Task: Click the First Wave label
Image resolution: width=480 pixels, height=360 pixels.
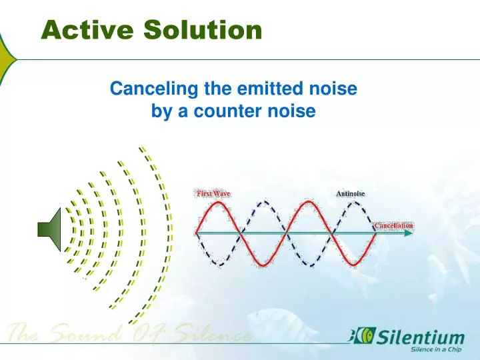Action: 213,193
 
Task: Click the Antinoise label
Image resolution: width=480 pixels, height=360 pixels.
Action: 351,193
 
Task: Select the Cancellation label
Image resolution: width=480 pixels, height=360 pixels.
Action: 393,225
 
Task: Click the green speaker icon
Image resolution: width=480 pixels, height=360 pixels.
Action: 50,230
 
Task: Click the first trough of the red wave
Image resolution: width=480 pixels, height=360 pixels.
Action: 263,265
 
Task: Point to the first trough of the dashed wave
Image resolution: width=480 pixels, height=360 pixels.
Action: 218,265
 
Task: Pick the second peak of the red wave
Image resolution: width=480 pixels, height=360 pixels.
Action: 308,201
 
